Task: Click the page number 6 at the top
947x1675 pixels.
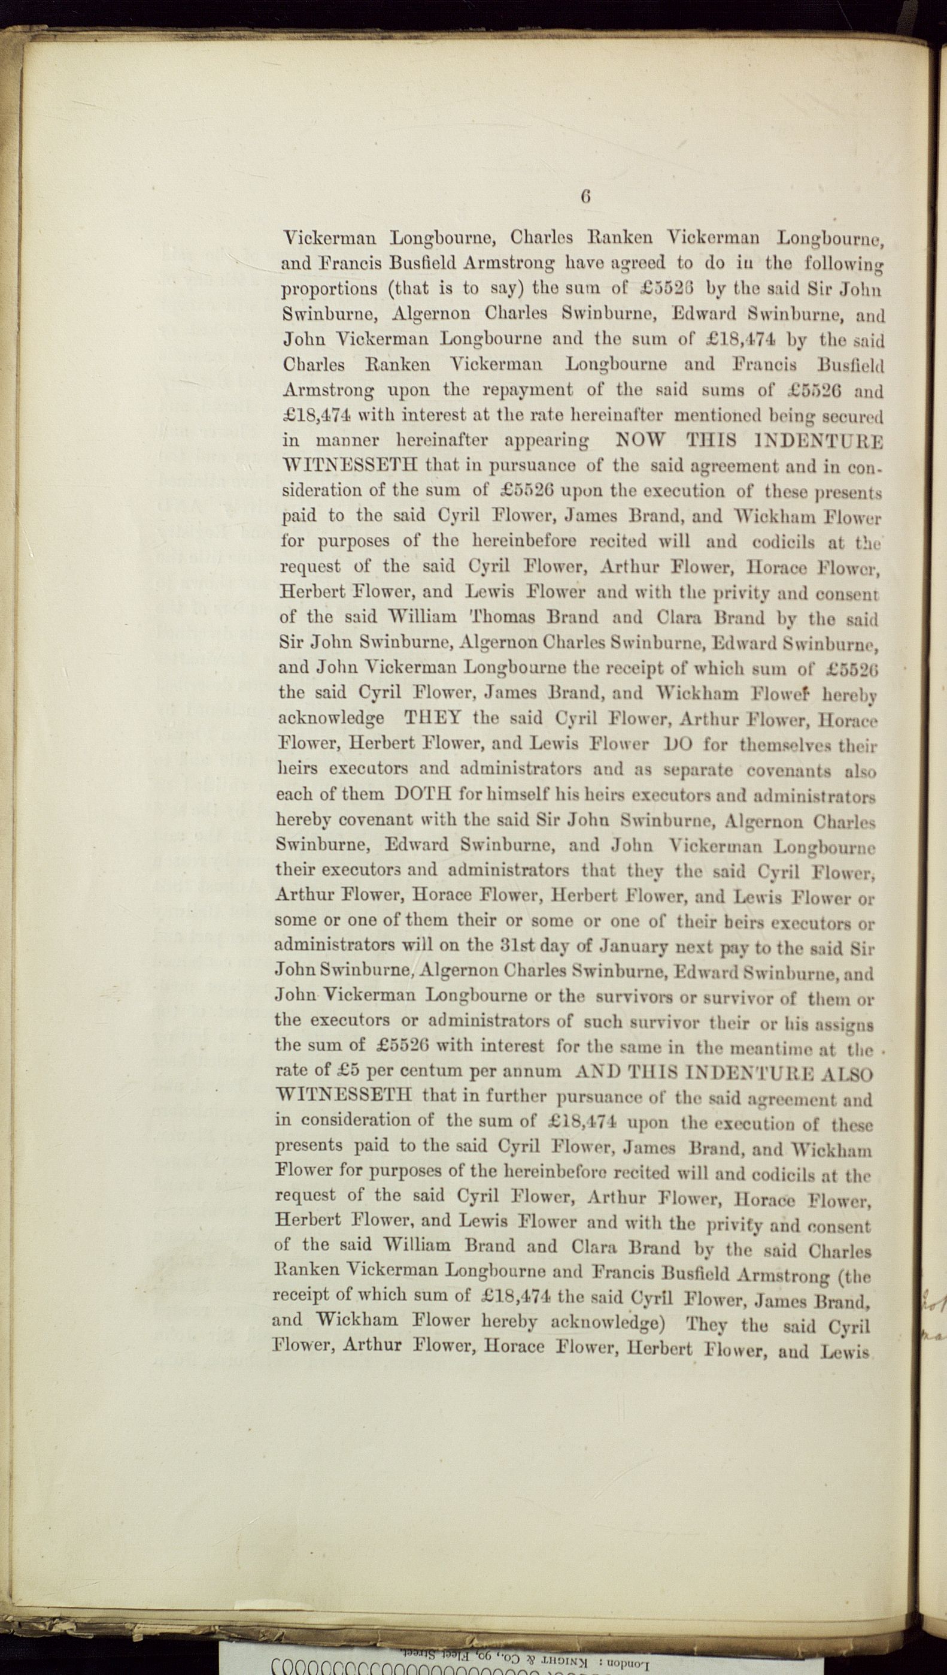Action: [585, 197]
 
